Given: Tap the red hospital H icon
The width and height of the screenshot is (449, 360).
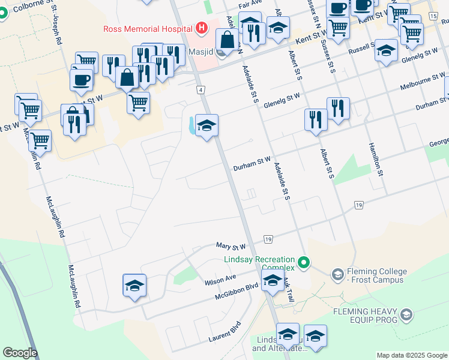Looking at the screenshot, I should [201, 28].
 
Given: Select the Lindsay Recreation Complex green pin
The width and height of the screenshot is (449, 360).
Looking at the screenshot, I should [304, 262].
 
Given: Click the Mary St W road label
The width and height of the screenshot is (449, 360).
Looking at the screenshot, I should [231, 247].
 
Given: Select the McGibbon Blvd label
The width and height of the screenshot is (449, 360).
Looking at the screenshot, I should [237, 292].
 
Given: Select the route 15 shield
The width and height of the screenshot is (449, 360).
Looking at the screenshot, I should [433, 16].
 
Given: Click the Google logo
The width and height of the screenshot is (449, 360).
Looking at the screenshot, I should [20, 353].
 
